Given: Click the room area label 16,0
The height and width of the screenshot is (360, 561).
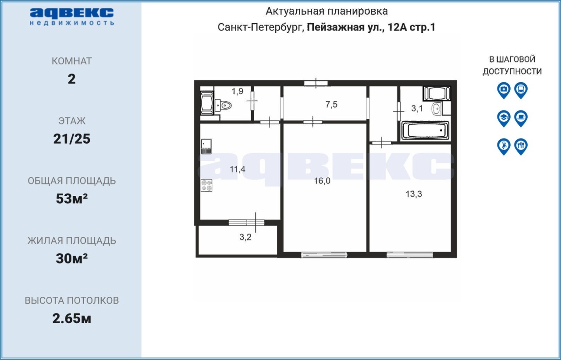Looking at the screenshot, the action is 322,181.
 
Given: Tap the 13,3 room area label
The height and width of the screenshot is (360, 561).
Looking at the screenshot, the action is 414,194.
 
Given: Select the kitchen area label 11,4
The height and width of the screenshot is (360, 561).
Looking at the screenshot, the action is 238,169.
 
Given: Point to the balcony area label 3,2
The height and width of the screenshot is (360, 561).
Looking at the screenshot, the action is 245,237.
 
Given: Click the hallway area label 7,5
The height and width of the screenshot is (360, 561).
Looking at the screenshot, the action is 331,104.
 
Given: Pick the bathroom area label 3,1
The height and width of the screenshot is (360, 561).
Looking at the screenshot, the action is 417,109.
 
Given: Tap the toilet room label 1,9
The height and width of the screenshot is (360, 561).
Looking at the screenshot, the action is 238,92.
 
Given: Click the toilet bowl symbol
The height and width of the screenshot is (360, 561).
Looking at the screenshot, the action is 224,106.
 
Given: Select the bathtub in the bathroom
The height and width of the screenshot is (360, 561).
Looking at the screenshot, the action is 425,130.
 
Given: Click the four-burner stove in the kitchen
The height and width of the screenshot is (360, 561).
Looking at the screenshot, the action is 206,186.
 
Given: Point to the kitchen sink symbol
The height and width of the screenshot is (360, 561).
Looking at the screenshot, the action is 206,146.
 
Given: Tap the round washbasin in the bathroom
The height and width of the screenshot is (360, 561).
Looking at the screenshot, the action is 437,109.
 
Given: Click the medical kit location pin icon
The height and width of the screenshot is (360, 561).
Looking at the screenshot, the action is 504,90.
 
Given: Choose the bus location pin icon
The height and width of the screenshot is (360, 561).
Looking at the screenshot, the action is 521,90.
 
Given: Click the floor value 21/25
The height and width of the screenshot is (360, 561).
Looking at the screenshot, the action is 71,139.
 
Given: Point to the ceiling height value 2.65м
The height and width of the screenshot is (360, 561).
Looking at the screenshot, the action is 71,319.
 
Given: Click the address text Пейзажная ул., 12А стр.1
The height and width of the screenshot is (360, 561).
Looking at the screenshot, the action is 371,27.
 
